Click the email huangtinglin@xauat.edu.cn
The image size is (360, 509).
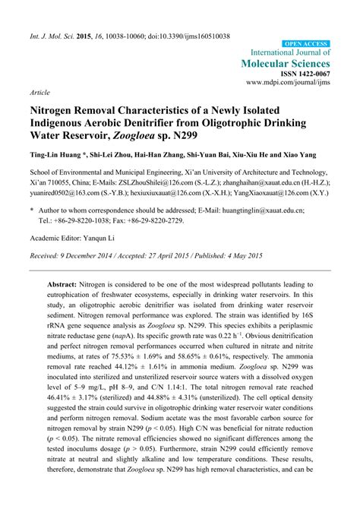262,232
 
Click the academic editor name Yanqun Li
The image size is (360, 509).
109,261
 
